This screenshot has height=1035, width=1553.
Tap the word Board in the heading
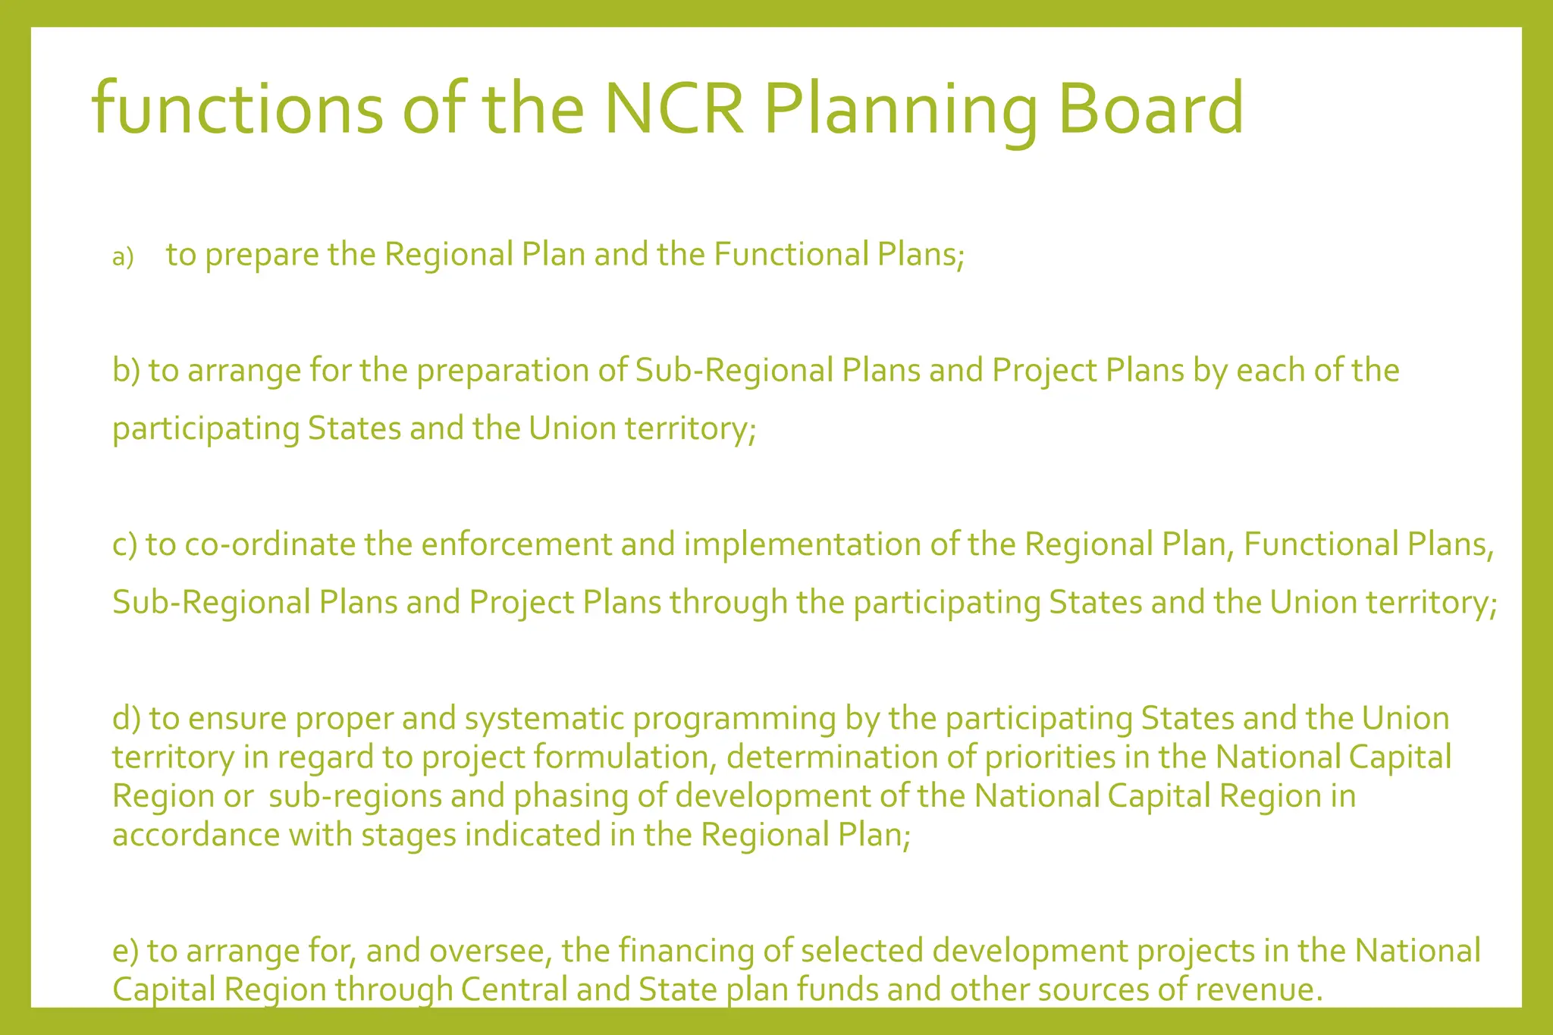pos(1150,108)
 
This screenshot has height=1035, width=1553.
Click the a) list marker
pos(122,258)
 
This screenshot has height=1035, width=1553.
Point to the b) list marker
pos(126,371)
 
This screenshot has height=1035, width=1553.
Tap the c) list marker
pos(124,544)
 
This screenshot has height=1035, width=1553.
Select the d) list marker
pos(126,718)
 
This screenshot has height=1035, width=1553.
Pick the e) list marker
pos(125,951)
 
